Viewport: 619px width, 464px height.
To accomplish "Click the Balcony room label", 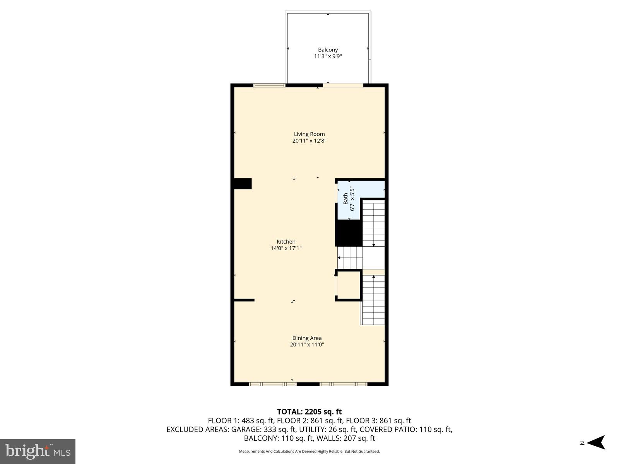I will pos(328,49).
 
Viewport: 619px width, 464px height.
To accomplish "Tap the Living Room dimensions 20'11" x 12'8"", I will pos(309,141).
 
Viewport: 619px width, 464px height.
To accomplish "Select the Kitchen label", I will pos(286,242).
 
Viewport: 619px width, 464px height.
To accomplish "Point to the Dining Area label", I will pos(307,338).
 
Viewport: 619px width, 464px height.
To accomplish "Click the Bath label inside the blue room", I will pos(345,199).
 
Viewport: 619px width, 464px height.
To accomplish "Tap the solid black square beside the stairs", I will pos(348,233).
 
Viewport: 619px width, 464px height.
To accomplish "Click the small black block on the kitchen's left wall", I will pos(243,184).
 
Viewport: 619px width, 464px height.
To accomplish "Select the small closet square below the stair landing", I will pos(349,285).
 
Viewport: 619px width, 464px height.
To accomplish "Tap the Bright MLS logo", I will pos(38,451).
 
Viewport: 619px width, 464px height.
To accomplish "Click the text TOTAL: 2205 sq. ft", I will pos(309,412).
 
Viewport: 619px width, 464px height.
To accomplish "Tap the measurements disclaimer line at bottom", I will pos(309,451).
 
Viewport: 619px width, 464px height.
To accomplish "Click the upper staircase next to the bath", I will pos(373,223).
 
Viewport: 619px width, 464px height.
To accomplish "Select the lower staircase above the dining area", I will pos(373,300).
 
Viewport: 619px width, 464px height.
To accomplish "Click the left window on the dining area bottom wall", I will pos(272,384).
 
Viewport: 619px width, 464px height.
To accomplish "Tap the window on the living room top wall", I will pos(269,85).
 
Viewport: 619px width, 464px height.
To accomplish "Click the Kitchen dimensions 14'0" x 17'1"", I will pos(286,249).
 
